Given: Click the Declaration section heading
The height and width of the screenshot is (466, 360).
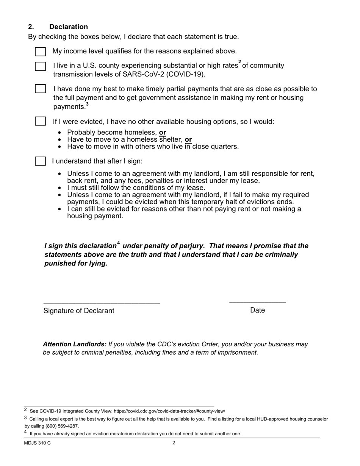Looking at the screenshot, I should tap(68, 27).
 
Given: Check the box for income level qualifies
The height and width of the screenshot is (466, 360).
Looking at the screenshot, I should tap(40, 52).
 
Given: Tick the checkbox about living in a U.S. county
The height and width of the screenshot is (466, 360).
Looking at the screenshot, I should tap(40, 66).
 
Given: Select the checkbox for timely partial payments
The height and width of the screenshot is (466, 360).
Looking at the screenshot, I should tap(40, 89).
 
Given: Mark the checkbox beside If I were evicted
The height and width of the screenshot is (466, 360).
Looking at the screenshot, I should tap(40, 121).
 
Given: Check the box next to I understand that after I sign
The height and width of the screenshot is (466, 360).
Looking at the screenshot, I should tap(40, 161).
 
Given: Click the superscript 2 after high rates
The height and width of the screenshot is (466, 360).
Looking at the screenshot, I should tap(239, 62).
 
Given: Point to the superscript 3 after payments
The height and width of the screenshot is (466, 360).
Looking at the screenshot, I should tap(87, 105).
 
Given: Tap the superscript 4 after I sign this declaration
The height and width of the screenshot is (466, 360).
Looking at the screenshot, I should tap(118, 243).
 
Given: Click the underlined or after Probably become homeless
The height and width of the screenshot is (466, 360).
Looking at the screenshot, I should tap(163, 133).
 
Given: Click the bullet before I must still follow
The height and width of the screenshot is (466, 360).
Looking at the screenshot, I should tap(60, 188).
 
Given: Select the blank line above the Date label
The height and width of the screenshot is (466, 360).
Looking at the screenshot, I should tap(257, 302).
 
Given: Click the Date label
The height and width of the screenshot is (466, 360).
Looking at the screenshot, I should tap(257, 310).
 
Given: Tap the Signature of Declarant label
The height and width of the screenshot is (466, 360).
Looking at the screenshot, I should tap(79, 311).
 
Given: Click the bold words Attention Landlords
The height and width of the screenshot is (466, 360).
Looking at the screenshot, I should tap(75, 344).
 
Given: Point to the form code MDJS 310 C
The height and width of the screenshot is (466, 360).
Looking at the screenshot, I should tap(37, 443).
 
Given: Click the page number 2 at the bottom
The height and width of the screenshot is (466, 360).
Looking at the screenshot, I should tap(174, 443).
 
